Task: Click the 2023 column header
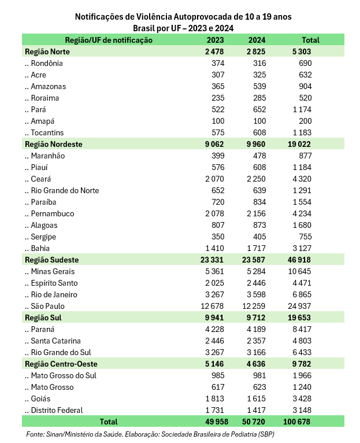pos(216,40)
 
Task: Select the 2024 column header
pos(257,40)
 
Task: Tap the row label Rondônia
pos(47,63)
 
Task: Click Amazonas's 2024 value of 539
pos(259,86)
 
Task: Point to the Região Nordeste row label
pos(54,144)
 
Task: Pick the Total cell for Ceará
pos(302,179)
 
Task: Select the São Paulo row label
pos(48,306)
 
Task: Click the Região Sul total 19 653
pos(299,318)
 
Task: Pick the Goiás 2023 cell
pos(213,398)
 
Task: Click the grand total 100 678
pos(296,422)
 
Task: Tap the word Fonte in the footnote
pos(36,434)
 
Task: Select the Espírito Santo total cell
pos(302,283)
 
